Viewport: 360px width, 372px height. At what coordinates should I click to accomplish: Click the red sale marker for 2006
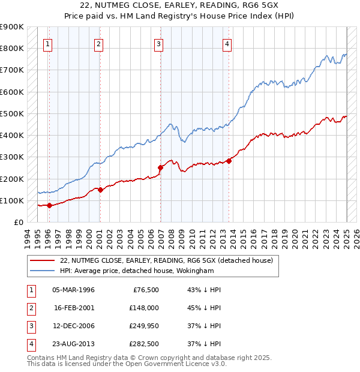point(160,167)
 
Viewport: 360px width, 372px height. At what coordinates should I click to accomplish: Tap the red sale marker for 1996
point(49,205)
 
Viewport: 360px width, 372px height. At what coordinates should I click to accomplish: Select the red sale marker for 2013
point(229,160)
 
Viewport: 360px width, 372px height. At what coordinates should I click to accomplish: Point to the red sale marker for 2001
point(100,190)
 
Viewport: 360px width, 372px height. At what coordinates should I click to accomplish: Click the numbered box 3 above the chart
point(158,43)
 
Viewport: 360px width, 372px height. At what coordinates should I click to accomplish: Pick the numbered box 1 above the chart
point(47,43)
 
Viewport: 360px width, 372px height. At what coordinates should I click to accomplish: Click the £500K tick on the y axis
point(12,113)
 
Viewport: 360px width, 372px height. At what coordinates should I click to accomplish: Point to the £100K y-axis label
point(12,200)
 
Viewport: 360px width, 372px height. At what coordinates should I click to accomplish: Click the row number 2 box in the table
point(29,308)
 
